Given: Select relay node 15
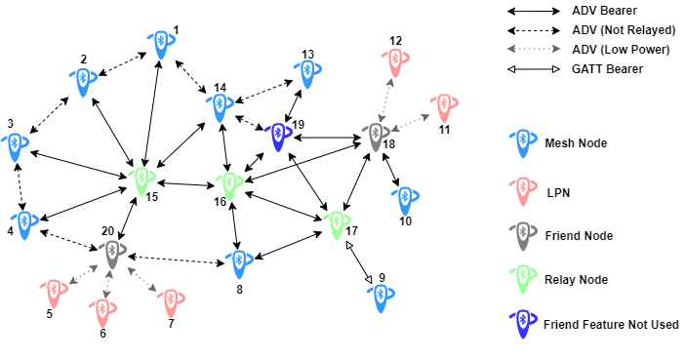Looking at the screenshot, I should coord(142,180).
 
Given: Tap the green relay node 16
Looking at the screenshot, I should coord(229,183).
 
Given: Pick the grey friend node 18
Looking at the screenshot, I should coord(374,137).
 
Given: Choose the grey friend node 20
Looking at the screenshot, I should coord(111,253).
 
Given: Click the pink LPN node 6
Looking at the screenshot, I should coord(102,312).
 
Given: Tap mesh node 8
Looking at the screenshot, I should coord(237,261).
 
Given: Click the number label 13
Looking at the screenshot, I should coord(307,55).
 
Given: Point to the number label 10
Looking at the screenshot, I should coord(405,221).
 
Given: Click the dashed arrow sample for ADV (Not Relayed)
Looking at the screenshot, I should coord(531,30).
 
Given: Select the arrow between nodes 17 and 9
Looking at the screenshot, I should coord(361,262).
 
